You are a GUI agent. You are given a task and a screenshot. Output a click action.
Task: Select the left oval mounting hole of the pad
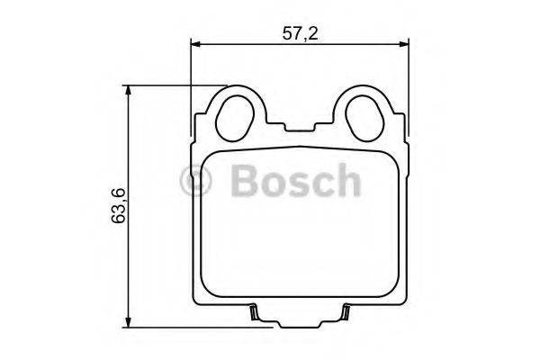click(236, 115)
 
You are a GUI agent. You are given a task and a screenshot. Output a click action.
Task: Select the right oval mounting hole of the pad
click(364, 115)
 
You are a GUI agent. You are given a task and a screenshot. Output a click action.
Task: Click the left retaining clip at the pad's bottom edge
click(255, 314)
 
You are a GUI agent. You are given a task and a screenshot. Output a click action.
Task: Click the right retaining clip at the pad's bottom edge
click(345, 314)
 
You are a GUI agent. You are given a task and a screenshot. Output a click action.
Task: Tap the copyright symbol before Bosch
click(195, 181)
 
